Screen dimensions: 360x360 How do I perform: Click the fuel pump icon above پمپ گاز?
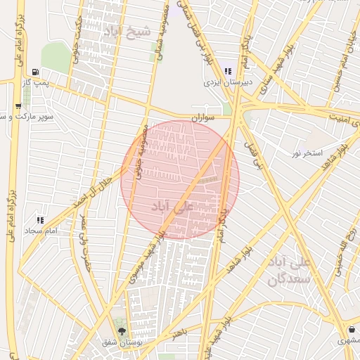[x=35, y=72]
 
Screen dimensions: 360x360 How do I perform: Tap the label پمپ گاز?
[x=35, y=83]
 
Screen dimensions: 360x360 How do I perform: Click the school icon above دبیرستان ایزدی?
[x=228, y=71]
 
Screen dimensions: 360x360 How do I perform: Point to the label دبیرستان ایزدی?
[x=227, y=82]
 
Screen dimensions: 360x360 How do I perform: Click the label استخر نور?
[x=307, y=153]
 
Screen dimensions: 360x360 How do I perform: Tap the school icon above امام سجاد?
[x=40, y=220]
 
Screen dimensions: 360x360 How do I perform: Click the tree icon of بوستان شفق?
[x=122, y=331]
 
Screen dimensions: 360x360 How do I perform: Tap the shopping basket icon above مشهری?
[x=352, y=330]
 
